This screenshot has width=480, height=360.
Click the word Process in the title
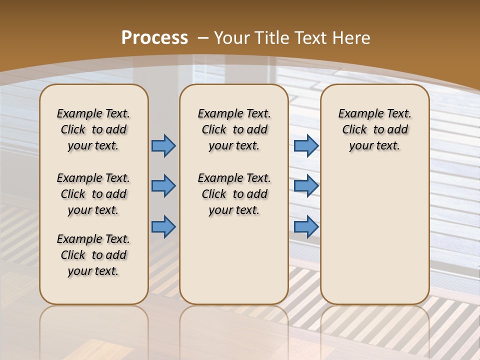[154, 38]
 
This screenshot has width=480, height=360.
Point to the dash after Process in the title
[203, 38]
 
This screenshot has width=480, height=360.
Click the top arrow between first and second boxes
[163, 145]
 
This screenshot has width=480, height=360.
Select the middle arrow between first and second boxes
[163, 186]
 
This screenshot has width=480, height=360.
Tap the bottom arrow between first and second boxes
[163, 227]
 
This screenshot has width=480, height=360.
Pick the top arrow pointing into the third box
[306, 145]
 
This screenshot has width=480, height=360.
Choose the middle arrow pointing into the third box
[306, 186]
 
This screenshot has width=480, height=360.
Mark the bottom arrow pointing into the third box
[306, 227]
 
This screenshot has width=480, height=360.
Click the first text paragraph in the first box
[93, 129]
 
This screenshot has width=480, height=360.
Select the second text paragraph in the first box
[93, 194]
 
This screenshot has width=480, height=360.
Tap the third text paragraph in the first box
[93, 255]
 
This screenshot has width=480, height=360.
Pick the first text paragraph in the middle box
[234, 129]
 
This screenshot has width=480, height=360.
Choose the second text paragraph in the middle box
[234, 194]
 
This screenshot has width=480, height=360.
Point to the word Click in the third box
[354, 130]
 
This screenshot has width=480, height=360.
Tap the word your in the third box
[360, 146]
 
